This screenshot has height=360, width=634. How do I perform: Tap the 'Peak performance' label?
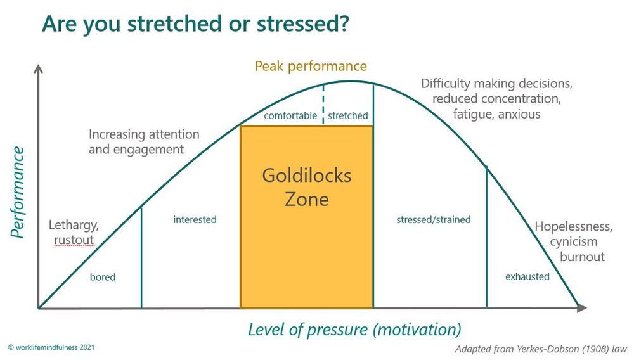pos(311,66)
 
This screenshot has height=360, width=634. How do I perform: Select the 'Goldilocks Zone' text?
pos(307,187)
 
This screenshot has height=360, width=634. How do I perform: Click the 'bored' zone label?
pos(103,277)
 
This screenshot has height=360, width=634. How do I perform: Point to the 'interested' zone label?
pos(195,219)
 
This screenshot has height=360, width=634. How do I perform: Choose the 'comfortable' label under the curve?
pos(290,115)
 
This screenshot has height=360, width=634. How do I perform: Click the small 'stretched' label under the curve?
pos(347,115)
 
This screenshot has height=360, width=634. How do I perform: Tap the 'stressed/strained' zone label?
pos(434,219)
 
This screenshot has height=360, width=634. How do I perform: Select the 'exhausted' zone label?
pos(527,276)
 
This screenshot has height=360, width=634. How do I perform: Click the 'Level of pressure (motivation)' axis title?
pos(354,330)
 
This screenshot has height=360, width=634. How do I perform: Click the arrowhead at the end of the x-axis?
pos(582,308)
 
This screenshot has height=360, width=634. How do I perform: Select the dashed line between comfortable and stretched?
pos(323,101)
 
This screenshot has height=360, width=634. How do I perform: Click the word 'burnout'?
pos(582,257)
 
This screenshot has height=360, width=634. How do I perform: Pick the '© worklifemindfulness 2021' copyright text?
pos(52,348)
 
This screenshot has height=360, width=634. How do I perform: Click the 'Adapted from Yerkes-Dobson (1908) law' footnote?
pos(540,349)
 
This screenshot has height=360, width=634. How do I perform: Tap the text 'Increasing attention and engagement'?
pos(144,142)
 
